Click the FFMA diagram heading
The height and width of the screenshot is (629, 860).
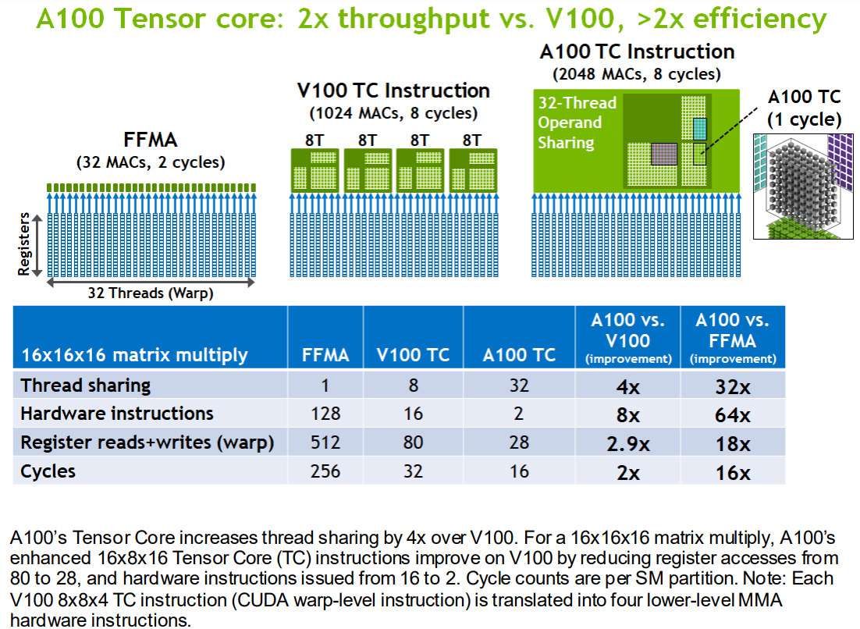(151, 140)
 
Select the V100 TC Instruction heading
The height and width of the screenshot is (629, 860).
(393, 91)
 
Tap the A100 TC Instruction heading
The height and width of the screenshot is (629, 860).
(637, 52)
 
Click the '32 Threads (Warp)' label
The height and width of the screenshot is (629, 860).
(151, 294)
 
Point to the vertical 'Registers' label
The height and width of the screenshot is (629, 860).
(24, 243)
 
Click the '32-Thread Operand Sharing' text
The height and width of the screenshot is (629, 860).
(577, 123)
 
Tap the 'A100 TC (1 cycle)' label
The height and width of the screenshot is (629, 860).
(804, 108)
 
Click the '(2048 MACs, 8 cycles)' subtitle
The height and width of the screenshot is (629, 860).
(637, 75)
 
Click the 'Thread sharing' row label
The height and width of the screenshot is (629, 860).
(86, 386)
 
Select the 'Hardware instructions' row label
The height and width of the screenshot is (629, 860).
(116, 414)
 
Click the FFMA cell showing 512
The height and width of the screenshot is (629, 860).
(325, 443)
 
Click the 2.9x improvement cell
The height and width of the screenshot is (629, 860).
(628, 444)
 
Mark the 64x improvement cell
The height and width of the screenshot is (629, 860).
(732, 414)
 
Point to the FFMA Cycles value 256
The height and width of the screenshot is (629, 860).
(325, 471)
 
